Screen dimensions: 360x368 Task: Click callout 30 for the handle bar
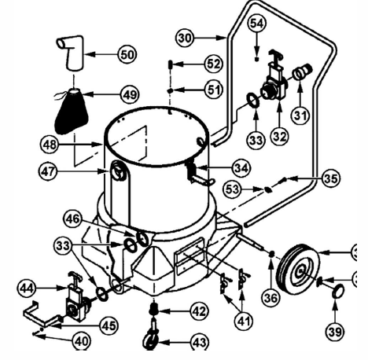tap(184, 37)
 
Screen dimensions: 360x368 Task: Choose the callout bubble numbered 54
tap(256, 24)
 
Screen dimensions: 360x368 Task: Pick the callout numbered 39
tap(335, 332)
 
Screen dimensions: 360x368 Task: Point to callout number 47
tap(50, 169)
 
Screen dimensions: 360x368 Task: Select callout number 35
tap(330, 178)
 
